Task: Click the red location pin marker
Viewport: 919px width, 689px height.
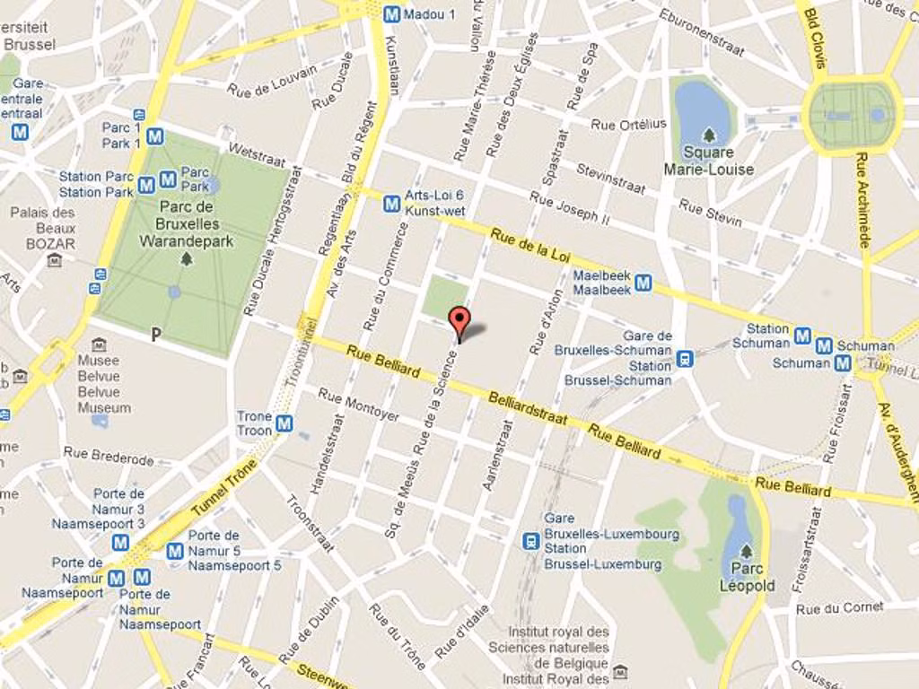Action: (459, 321)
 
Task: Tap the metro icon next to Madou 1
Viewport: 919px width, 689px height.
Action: (391, 14)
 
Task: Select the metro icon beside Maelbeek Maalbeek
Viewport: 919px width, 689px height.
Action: (643, 283)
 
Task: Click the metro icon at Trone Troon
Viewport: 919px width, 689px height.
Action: (284, 423)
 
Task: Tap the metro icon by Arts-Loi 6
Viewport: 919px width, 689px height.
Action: (391, 204)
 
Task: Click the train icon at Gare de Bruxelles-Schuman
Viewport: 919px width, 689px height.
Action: (685, 359)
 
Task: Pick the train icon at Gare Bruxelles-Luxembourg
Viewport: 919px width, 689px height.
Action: (530, 540)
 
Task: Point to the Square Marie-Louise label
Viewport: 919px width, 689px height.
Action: (708, 161)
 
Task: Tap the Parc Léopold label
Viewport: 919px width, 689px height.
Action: (747, 577)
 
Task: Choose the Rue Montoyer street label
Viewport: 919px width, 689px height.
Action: (358, 405)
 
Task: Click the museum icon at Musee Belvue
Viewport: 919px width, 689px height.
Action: (99, 344)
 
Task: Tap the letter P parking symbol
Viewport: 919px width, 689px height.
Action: (156, 335)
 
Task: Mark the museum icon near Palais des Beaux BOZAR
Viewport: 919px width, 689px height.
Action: (55, 260)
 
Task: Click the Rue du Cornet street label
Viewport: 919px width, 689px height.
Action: (839, 608)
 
